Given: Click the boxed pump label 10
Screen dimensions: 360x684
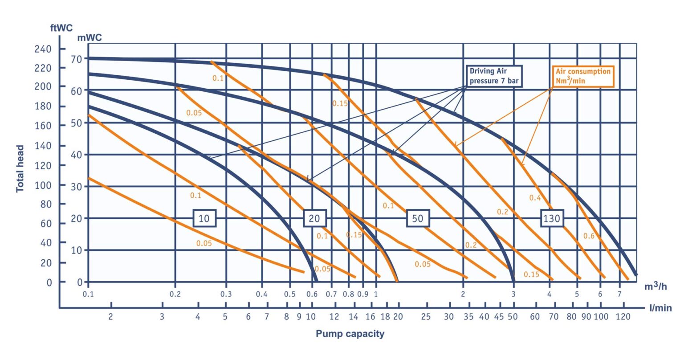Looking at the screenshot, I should coord(204,218).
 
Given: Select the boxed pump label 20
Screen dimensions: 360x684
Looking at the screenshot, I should coord(314,218).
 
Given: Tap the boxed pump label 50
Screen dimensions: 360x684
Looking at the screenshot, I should coord(418,218).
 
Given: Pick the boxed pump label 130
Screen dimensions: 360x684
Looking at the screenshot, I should coord(552,218).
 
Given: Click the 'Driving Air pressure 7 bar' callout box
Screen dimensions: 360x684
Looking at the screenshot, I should coord(494,76).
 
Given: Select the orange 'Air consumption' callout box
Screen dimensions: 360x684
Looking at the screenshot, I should coord(583,76).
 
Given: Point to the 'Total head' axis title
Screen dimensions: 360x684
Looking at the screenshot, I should coord(20,168).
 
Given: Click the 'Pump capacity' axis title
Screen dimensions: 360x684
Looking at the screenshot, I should coord(350,333).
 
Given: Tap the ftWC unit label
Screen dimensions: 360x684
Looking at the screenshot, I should coord(61,28).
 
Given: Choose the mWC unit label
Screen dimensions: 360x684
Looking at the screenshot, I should coord(90,38).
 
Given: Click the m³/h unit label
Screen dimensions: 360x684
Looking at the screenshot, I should coord(655,286).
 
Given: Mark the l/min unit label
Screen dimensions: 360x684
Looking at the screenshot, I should coord(660,308).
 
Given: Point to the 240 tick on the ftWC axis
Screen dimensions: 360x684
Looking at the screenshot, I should coord(43,49).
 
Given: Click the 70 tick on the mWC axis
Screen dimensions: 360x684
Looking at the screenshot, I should coord(77,58).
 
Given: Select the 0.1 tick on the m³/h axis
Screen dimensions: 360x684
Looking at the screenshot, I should coord(89,294).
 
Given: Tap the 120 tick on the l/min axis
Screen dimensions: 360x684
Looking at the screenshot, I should coord(623,317).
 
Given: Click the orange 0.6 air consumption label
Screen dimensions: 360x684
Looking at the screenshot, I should coord(589,236).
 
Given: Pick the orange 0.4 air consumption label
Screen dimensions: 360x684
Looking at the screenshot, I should coord(535,197).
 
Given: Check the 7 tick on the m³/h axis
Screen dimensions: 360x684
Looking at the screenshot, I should coord(619,294).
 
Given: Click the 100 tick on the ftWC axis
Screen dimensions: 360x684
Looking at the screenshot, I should coord(43,185).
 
